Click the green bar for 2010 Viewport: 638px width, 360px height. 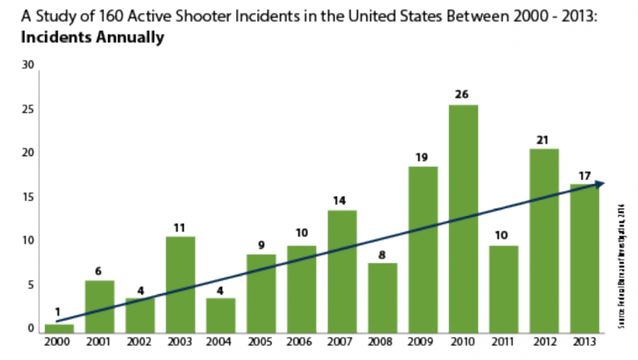(x=463, y=217)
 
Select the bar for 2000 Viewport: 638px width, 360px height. (x=59, y=328)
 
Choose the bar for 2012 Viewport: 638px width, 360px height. (x=544, y=240)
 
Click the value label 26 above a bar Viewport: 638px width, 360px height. (x=463, y=94)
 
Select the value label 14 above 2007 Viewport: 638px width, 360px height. (x=342, y=200)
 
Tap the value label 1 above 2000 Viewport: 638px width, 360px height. (x=59, y=313)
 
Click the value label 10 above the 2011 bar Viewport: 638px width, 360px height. (x=504, y=235)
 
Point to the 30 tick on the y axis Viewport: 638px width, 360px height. (x=29, y=65)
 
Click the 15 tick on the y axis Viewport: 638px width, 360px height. (x=29, y=197)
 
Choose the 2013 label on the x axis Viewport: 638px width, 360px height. (x=585, y=343)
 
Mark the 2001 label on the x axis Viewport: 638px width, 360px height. (x=99, y=343)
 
